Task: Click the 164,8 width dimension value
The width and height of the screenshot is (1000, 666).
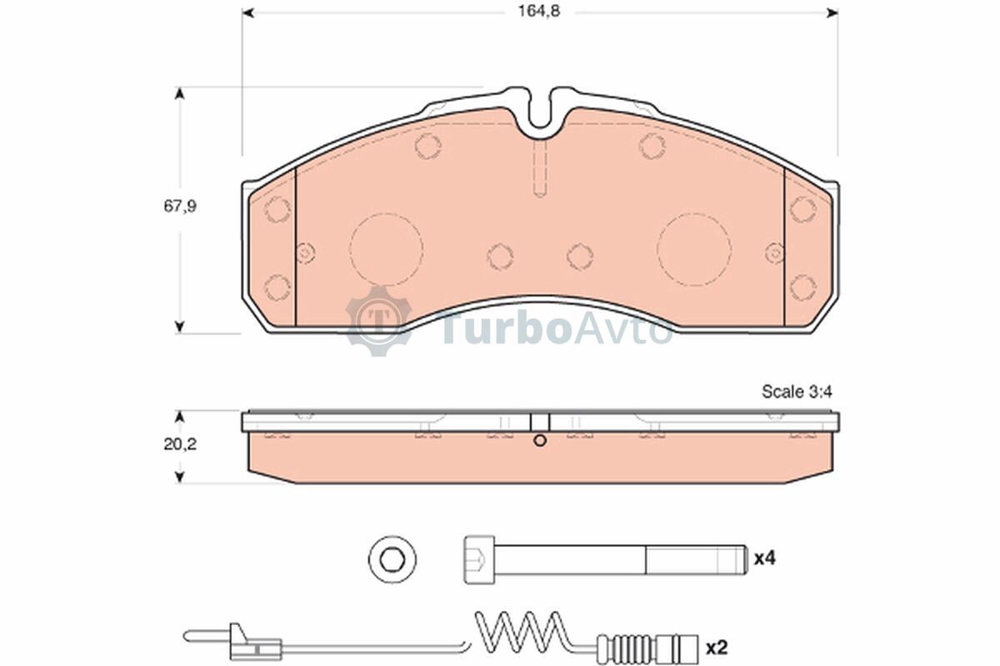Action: pos(539,12)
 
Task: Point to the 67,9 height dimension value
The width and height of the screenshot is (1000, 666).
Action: pos(180,206)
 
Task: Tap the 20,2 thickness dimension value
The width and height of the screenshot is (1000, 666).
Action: pos(180,445)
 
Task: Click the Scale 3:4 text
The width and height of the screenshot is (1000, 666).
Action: pos(797,391)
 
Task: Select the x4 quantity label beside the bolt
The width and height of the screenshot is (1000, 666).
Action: pos(765,558)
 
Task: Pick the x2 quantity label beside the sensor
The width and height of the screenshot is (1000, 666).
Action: pos(717,648)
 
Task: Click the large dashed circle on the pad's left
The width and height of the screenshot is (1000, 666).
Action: pos(386,250)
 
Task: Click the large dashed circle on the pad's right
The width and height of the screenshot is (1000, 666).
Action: pos(694,250)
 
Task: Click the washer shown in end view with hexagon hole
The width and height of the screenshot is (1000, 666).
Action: pos(392,559)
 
